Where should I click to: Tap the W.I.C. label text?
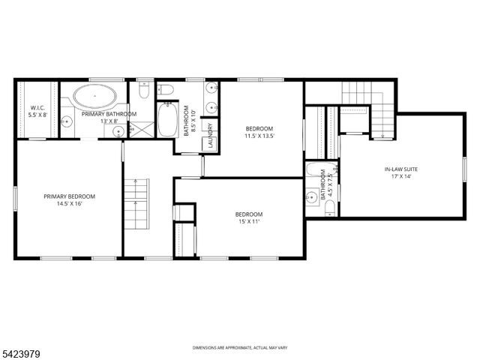click(37, 107)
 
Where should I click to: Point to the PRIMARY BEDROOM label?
click(69, 196)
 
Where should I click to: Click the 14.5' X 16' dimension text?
click(69, 204)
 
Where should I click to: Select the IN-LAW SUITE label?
click(401, 169)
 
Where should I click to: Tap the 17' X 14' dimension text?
click(401, 177)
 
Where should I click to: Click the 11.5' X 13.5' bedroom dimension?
click(259, 136)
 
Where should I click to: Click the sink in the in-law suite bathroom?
click(311, 198)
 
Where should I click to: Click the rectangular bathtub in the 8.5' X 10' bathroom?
click(166, 120)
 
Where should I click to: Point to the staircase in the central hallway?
click(136, 204)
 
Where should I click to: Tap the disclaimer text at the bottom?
click(239, 348)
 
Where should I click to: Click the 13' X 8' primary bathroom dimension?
click(109, 121)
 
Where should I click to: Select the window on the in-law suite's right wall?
click(465, 164)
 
